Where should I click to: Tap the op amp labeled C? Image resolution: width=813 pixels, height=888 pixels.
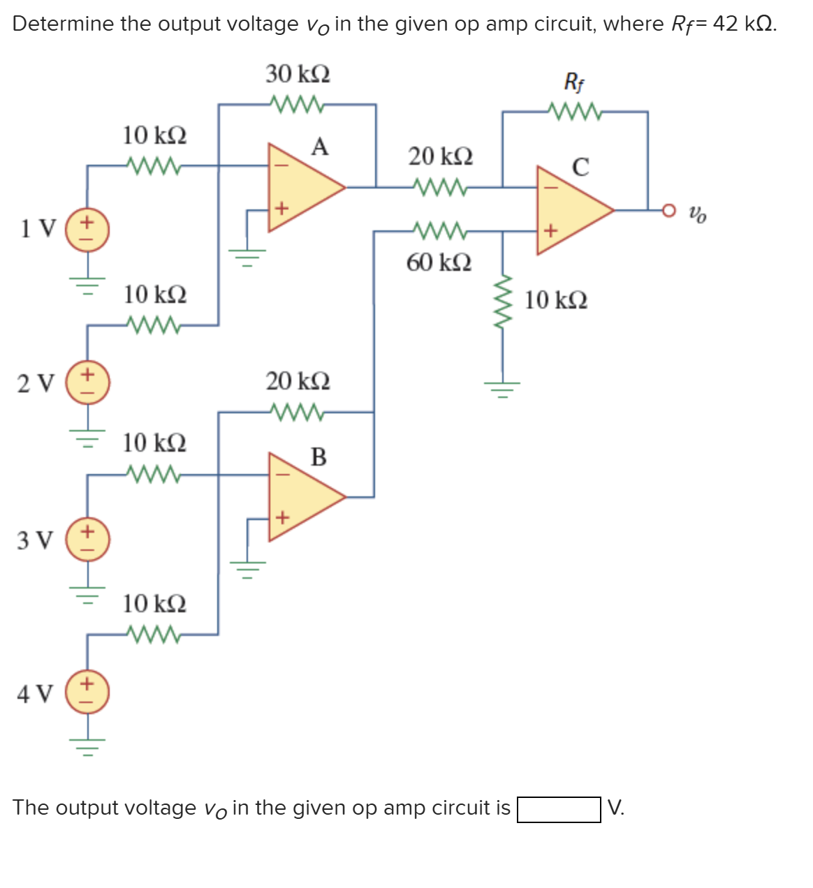(569, 209)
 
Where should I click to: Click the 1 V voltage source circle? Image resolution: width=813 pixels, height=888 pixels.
(87, 229)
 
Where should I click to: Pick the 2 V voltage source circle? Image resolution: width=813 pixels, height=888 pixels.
(87, 383)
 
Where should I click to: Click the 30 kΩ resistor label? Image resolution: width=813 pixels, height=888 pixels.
(298, 73)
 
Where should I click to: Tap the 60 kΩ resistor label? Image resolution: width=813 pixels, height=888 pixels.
(439, 263)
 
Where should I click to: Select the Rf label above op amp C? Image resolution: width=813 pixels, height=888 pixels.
(574, 82)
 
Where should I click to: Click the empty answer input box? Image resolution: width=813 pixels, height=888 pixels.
(558, 810)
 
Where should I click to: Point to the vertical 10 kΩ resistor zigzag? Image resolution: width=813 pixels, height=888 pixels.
(502, 301)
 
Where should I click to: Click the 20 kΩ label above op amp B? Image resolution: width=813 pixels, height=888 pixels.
(298, 382)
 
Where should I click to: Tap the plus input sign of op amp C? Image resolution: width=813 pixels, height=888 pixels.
(550, 230)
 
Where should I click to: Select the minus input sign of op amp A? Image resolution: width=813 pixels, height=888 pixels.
(281, 166)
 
